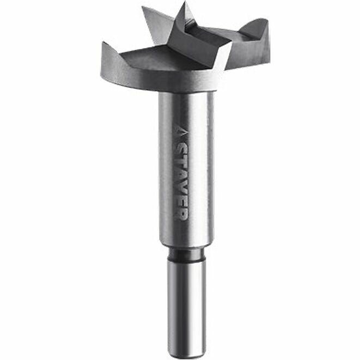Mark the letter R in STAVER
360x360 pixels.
click(181, 211)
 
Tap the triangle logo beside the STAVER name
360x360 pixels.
click(181, 132)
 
